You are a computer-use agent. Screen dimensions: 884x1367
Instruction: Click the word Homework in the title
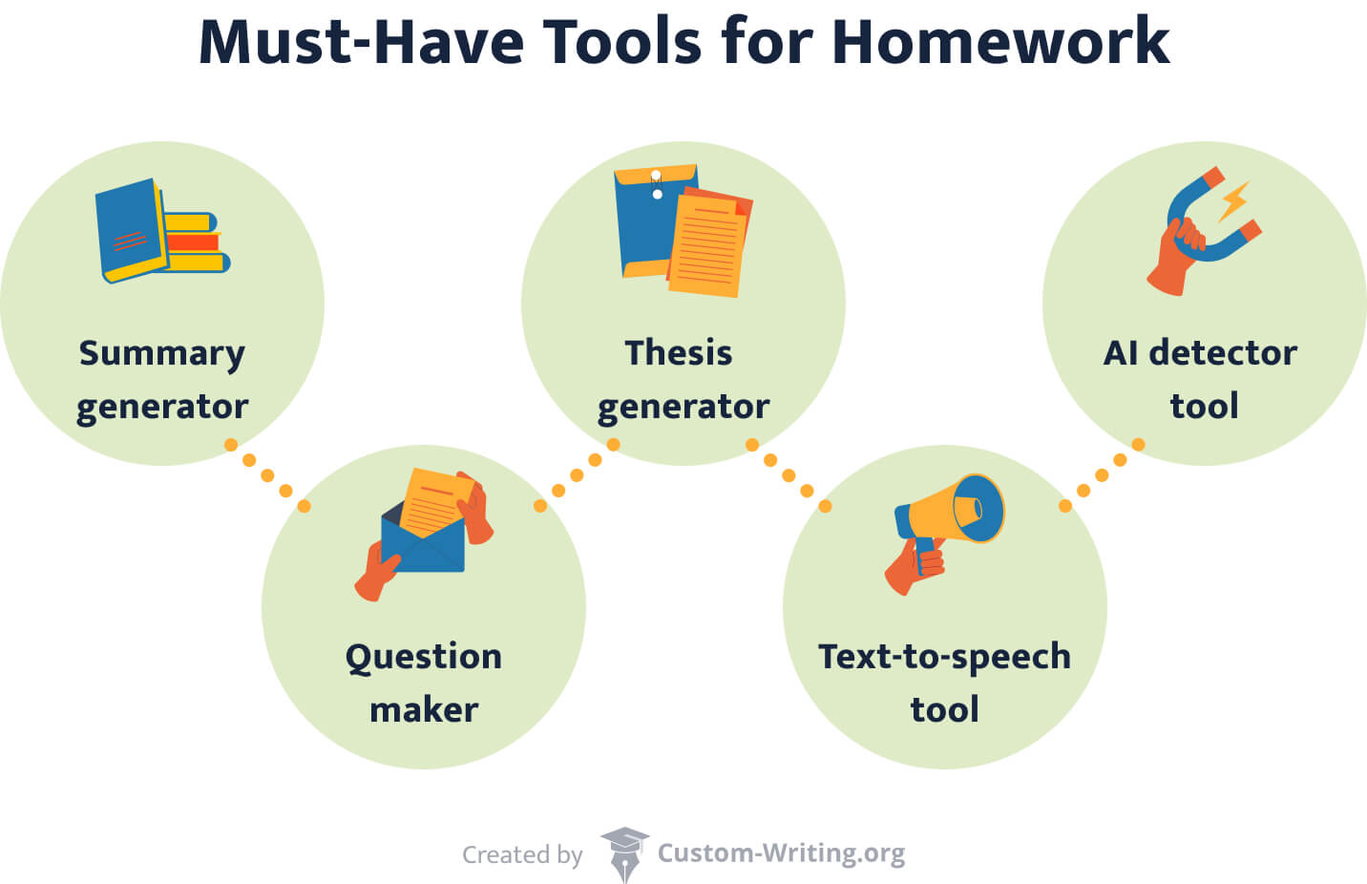(x=999, y=42)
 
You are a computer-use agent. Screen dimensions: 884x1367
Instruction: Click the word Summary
(x=161, y=353)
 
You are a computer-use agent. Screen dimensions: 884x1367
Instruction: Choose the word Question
(x=423, y=658)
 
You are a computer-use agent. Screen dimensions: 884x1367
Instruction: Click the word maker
(x=423, y=710)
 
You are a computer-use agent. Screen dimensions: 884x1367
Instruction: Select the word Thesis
(x=678, y=353)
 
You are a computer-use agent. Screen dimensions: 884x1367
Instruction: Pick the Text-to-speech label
(x=944, y=657)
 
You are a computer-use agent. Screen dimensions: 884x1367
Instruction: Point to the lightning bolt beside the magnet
(x=1234, y=201)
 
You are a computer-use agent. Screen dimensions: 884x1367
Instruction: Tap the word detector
(x=1223, y=353)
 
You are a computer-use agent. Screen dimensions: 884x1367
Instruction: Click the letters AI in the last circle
(x=1121, y=353)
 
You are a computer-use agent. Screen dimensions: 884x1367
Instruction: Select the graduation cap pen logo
(x=623, y=853)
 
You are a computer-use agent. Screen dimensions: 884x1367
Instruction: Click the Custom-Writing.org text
(x=781, y=853)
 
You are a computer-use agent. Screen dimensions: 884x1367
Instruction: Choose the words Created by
(x=522, y=854)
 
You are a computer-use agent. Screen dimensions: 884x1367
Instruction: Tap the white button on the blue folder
(x=657, y=195)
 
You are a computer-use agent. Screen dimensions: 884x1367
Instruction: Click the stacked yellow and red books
(x=196, y=242)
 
